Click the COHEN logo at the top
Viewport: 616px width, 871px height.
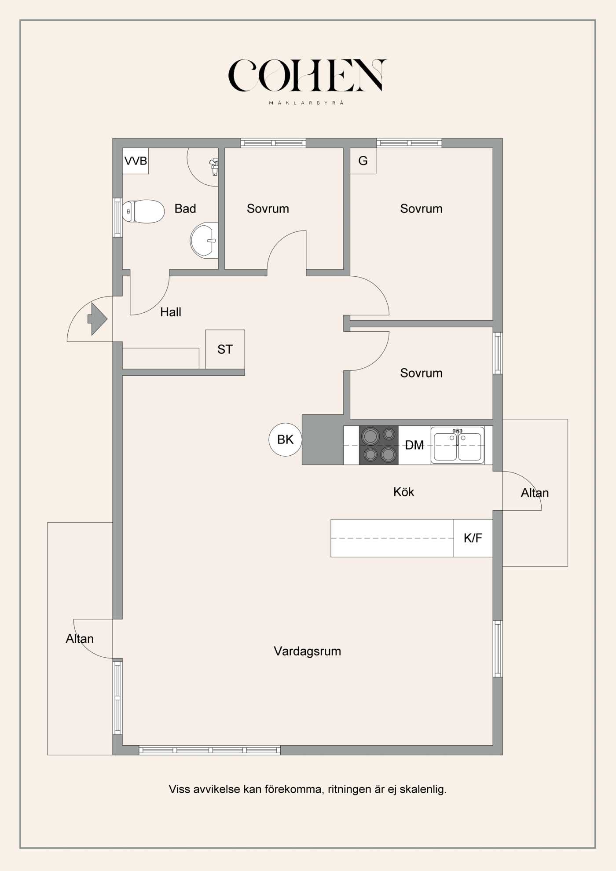pyautogui.click(x=307, y=76)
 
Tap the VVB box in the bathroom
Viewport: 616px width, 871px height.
pyautogui.click(x=136, y=161)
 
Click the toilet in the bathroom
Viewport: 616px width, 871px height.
pyautogui.click(x=143, y=212)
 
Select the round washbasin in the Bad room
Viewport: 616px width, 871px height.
pyautogui.click(x=205, y=241)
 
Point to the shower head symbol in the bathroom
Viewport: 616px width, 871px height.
pyautogui.click(x=214, y=167)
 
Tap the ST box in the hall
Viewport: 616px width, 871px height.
pyautogui.click(x=225, y=349)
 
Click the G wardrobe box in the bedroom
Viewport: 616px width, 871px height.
pyautogui.click(x=363, y=161)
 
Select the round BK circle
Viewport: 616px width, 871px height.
pyautogui.click(x=285, y=439)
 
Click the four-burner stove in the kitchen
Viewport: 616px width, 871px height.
pyautogui.click(x=379, y=445)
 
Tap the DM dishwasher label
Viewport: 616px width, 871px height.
pyautogui.click(x=414, y=445)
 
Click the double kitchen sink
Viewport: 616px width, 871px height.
pyautogui.click(x=458, y=445)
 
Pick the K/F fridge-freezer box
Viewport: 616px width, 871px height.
pyautogui.click(x=473, y=538)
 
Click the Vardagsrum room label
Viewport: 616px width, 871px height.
pyautogui.click(x=307, y=651)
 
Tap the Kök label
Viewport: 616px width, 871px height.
pyautogui.click(x=403, y=492)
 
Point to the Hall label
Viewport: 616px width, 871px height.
pyautogui.click(x=171, y=312)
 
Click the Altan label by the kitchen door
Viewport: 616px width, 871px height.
pyautogui.click(x=535, y=493)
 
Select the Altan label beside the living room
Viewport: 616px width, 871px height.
pyautogui.click(x=80, y=638)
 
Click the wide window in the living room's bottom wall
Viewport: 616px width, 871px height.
pyautogui.click(x=209, y=750)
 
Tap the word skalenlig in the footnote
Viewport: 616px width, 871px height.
pyautogui.click(x=423, y=789)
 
